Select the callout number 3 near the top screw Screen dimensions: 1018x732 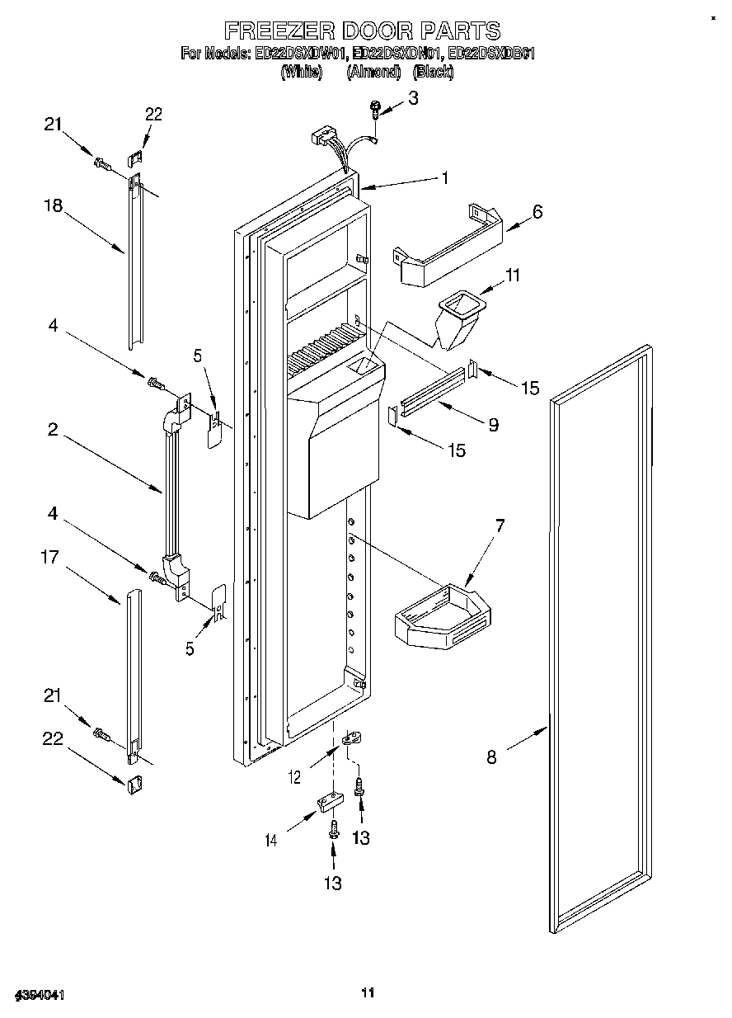pos(413,97)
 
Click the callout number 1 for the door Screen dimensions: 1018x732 pos(444,177)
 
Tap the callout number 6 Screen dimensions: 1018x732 pos(537,211)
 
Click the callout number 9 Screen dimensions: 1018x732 pos(493,426)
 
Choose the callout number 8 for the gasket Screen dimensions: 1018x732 pos(491,756)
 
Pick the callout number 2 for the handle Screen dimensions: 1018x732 pos(52,429)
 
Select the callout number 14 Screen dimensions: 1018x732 pos(270,841)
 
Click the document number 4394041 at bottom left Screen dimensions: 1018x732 pos(38,994)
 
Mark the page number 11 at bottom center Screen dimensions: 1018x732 pos(368,992)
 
